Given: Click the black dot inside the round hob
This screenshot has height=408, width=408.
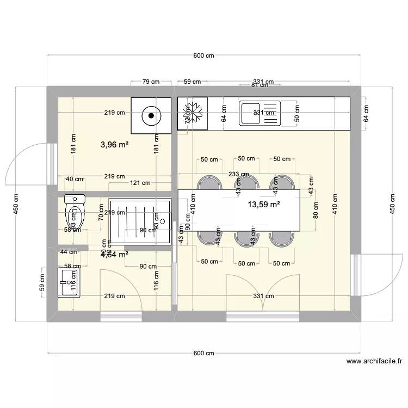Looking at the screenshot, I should tap(150, 115).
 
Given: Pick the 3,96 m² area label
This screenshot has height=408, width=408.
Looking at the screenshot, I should tap(114, 145).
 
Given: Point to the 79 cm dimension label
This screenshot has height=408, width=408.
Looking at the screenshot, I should tap(151, 82).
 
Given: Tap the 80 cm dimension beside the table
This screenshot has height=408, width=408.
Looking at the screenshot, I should tap(316, 209).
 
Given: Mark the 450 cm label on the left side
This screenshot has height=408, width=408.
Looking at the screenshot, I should tap(16, 204).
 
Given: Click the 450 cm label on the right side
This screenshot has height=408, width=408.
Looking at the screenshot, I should tap(392, 204).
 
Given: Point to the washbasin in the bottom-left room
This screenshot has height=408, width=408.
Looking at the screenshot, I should tap(69, 282).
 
